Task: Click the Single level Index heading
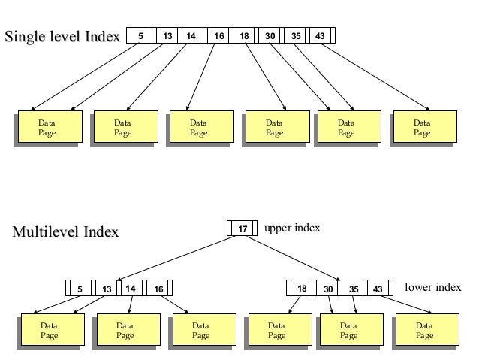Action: tap(63, 35)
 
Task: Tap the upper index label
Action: tap(292, 228)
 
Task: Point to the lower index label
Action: tap(432, 287)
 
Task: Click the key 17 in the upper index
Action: tap(243, 228)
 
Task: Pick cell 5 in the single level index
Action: tap(140, 35)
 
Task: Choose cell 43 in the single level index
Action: tap(321, 35)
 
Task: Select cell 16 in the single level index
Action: tap(218, 35)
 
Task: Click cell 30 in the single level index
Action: tap(269, 35)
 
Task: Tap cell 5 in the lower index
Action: tap(80, 289)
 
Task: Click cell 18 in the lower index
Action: tap(303, 289)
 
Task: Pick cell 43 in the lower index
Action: tap(378, 289)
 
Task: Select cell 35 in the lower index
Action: tap(353, 289)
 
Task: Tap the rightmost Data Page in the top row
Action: tap(422, 127)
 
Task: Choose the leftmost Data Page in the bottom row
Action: tap(50, 331)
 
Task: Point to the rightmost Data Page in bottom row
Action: tap(424, 331)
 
